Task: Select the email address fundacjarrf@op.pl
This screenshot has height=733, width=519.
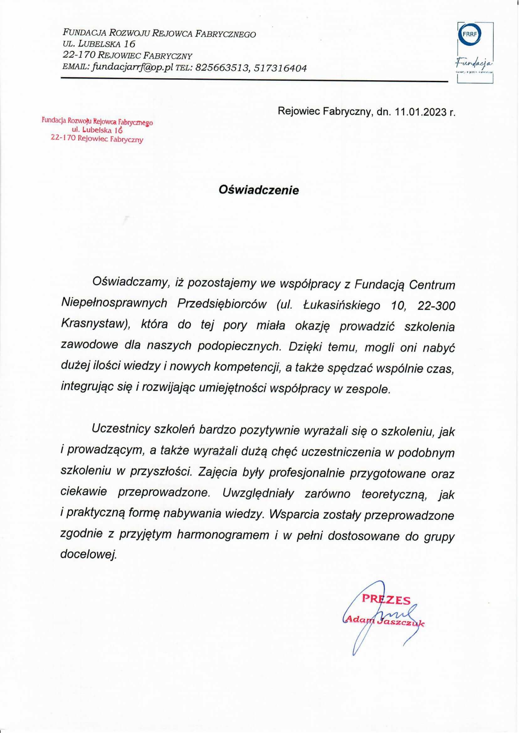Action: point(132,68)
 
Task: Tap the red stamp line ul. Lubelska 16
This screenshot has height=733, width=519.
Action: point(98,131)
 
